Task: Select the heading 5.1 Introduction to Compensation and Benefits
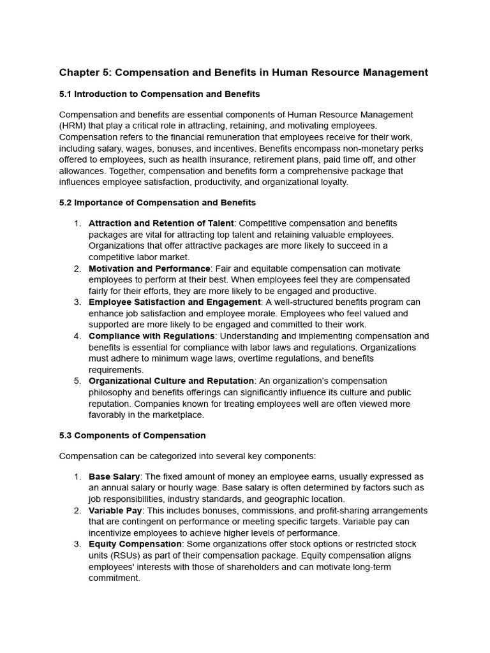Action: pos(160,94)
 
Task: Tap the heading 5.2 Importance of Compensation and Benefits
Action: pos(157,203)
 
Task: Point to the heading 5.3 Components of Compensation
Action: pos(132,436)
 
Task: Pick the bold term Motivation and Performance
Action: pos(149,268)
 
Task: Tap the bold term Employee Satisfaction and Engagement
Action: pos(174,302)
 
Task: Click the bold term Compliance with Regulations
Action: pos(151,336)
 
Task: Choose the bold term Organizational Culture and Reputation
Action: pos(171,381)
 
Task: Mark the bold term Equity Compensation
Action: pos(135,545)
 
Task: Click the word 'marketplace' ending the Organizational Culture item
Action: pos(177,415)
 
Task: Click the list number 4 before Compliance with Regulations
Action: pos(77,336)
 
